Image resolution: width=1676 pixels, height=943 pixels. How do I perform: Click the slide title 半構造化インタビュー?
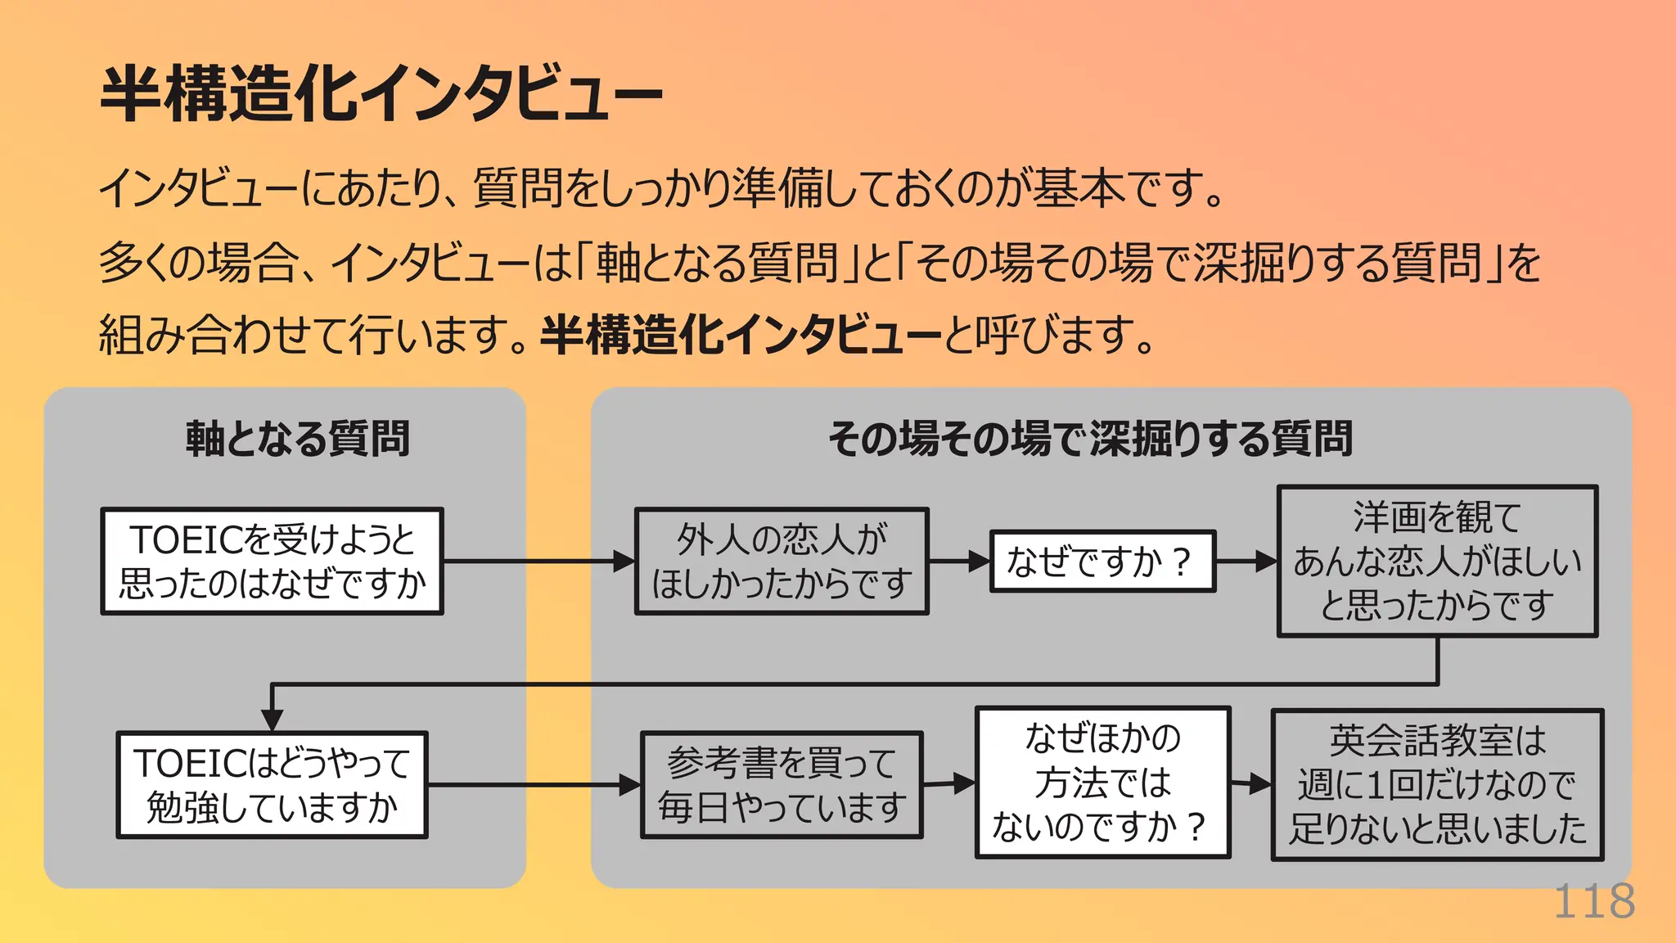[381, 94]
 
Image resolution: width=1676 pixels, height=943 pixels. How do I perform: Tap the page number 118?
[1593, 902]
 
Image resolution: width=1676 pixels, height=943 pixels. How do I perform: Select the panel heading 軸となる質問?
[297, 439]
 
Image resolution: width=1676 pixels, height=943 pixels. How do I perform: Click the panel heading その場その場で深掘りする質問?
[1090, 439]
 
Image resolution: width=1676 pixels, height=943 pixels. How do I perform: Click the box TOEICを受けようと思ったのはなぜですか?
[272, 562]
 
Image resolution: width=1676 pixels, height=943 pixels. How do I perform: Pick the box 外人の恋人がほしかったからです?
[782, 562]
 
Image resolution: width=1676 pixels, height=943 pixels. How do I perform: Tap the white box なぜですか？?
[1102, 562]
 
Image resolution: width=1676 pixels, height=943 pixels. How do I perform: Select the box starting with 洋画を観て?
[1437, 562]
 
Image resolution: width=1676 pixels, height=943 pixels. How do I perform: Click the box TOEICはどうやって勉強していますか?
[272, 785]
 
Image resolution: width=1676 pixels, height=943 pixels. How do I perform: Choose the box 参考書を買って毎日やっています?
[782, 785]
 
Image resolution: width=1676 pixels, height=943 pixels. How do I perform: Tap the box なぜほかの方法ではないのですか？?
[1102, 783]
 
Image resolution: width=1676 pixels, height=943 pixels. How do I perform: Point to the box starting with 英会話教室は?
[1437, 785]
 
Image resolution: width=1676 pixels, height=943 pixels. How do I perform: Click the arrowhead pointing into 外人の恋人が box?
[625, 562]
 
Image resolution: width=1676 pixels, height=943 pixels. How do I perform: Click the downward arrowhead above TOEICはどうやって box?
[272, 719]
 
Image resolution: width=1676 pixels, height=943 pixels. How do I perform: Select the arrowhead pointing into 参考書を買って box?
[631, 785]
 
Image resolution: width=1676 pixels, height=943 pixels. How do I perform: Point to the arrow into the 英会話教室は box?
[1252, 785]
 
